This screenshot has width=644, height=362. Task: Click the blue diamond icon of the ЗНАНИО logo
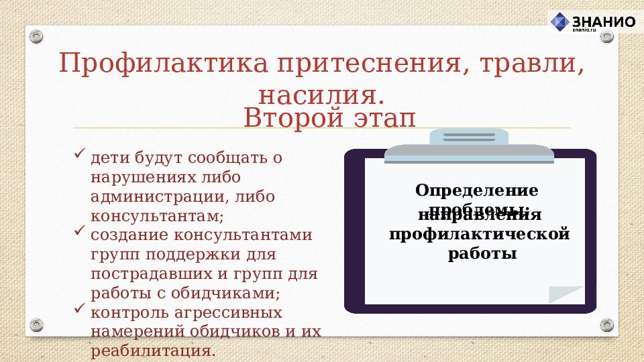coord(559,21)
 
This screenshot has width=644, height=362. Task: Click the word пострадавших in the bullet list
coord(144,274)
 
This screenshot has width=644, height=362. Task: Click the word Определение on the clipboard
coord(477,190)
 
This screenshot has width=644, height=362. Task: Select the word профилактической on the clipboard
coord(480,235)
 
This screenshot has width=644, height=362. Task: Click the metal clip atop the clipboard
coord(469,144)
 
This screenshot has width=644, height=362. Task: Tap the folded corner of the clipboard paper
coord(568,294)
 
